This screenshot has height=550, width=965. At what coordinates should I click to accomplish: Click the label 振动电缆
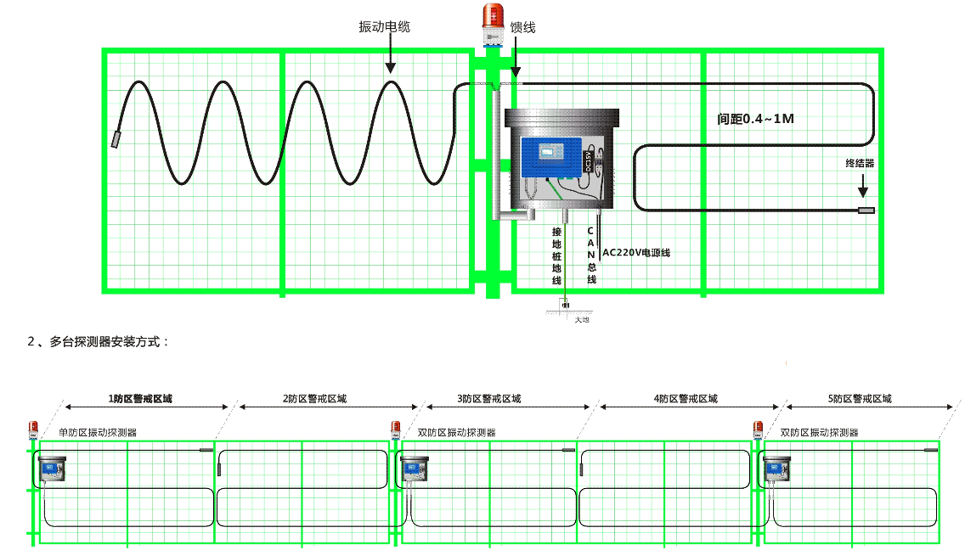[x=385, y=27]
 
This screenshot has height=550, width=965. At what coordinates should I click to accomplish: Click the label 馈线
[x=522, y=28]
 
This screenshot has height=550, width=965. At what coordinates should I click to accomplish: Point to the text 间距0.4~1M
[x=755, y=119]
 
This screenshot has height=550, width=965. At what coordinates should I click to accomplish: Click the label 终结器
[x=860, y=162]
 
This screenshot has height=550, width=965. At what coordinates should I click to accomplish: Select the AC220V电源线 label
[x=636, y=252]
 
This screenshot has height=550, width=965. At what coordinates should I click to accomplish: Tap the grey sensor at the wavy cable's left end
[x=116, y=139]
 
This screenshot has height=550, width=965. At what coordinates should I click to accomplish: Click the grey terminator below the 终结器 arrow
[x=866, y=210]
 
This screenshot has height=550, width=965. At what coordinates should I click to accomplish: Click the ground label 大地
[x=581, y=319]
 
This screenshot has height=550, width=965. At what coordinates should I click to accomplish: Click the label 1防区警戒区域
[x=140, y=398]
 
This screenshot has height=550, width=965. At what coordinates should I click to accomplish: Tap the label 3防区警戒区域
[x=489, y=398]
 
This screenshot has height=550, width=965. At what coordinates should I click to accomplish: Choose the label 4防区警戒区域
[x=686, y=398]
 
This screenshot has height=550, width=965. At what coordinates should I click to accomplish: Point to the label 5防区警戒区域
[x=860, y=398]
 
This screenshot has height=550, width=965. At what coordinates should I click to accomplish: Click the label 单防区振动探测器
[x=98, y=432]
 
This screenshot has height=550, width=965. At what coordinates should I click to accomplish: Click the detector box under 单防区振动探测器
[x=52, y=469]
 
